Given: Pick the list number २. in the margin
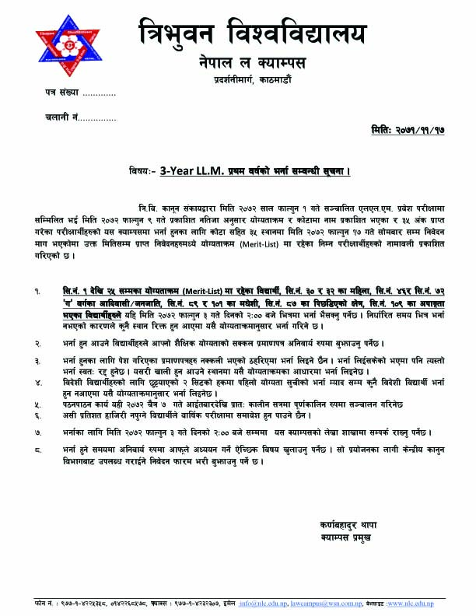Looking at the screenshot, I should (x=37, y=342).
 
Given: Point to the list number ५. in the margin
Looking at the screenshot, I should (x=37, y=405).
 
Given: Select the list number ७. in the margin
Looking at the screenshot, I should (x=37, y=429).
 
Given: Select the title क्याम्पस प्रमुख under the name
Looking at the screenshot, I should (x=343, y=537).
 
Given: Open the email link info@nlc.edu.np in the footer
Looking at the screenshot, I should (x=263, y=604).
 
